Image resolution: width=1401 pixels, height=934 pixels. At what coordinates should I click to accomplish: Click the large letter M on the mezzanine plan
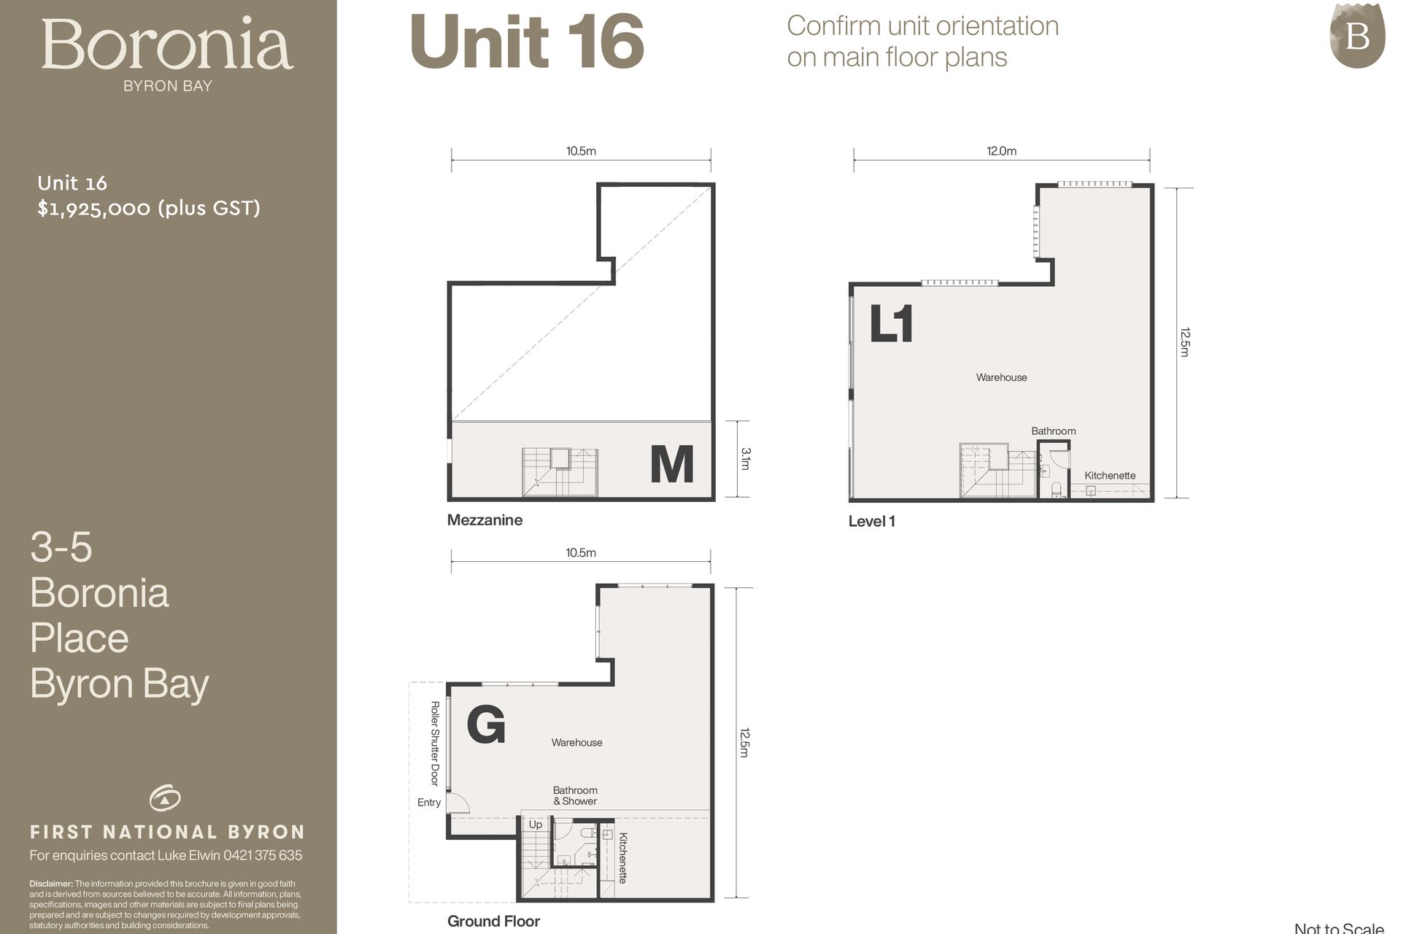click(x=671, y=464)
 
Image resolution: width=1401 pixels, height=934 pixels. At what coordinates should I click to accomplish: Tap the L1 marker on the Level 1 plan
click(x=891, y=324)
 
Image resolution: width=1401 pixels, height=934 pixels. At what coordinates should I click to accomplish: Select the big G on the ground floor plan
click(x=486, y=725)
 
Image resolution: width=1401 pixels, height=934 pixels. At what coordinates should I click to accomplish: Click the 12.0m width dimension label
click(x=1001, y=151)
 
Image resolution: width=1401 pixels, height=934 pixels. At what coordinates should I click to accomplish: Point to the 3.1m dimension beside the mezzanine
click(x=746, y=458)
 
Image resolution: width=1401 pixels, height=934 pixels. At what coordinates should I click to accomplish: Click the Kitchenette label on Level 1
click(x=1110, y=475)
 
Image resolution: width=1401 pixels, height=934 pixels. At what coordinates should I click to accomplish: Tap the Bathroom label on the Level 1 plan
click(x=1053, y=431)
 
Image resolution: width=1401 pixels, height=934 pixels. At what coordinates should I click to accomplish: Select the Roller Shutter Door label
click(x=435, y=744)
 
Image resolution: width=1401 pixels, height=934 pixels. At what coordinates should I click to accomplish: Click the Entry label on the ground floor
click(x=429, y=803)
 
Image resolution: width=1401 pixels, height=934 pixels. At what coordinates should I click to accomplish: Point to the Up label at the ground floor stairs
click(x=536, y=825)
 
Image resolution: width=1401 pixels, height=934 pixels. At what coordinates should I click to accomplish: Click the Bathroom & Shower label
click(x=575, y=795)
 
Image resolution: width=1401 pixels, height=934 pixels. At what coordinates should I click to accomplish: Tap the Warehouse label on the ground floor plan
click(x=576, y=742)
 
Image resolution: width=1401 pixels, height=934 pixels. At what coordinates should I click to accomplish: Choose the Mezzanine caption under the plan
click(x=485, y=520)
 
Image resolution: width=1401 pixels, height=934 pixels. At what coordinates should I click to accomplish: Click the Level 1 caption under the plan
click(x=871, y=521)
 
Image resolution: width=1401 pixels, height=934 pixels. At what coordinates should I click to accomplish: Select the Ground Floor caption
click(x=493, y=921)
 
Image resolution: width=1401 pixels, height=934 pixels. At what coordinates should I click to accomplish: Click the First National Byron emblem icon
click(x=166, y=798)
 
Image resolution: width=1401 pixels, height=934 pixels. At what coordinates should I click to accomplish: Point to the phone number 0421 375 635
click(x=263, y=855)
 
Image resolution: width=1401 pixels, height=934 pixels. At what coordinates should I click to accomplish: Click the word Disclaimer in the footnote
click(x=51, y=884)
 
